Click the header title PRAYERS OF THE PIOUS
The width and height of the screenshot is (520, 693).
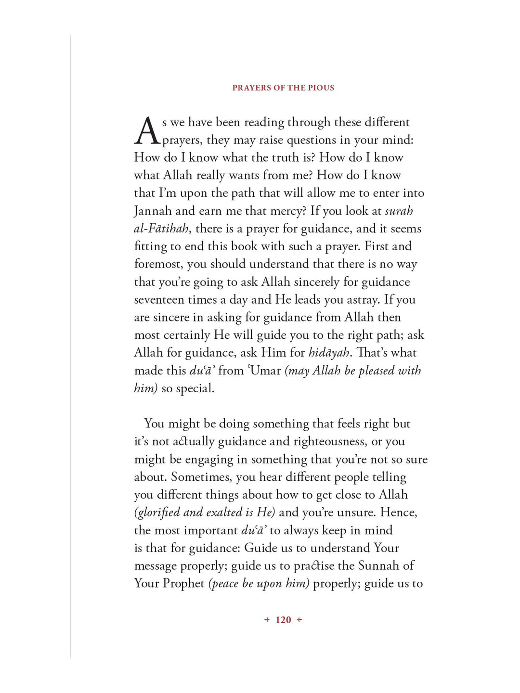pos(283,88)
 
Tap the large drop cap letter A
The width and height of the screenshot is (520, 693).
pos(147,131)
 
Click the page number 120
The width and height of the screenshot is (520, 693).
pos(283,620)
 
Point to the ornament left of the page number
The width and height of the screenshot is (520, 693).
pos(267,620)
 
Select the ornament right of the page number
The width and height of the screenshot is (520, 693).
pos(299,620)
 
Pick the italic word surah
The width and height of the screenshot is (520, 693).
pos(399,211)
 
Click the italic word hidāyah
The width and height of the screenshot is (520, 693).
pos(329,353)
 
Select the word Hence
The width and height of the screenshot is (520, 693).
pos(400,513)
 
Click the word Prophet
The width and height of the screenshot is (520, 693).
pos(183,583)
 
